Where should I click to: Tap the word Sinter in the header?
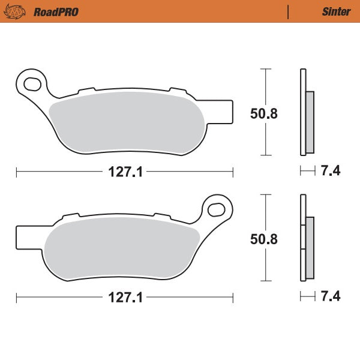click(332, 11)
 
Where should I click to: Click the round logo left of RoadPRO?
click(19, 11)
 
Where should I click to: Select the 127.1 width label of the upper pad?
click(125, 172)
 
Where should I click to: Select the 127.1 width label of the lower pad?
click(125, 297)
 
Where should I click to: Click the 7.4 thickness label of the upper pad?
click(331, 172)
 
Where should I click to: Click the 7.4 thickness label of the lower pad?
click(331, 297)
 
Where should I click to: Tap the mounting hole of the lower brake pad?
click(217, 208)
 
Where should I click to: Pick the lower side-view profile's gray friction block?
click(310, 247)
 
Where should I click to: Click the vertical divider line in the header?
click(289, 11)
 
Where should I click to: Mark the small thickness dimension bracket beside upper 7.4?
click(307, 172)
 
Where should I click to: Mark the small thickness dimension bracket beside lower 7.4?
click(307, 297)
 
